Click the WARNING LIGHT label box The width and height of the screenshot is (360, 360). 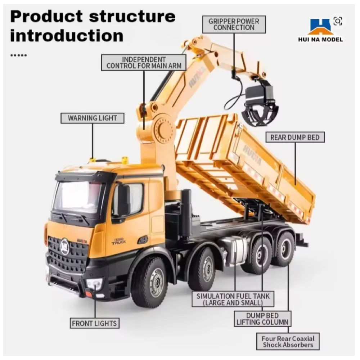point(92,118)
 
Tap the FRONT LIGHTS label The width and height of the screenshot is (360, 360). point(94,323)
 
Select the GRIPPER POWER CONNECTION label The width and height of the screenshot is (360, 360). point(234,24)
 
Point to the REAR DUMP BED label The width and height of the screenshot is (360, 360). point(295,137)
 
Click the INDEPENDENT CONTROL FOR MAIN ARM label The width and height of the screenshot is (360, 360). point(144,62)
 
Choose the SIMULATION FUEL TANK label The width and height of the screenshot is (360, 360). point(233,300)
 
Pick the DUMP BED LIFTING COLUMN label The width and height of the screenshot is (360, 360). point(262,319)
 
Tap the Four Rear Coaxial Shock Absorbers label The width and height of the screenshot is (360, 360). point(288,341)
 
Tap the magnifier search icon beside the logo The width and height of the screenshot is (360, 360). point(338,21)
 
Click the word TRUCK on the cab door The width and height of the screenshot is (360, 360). point(119,242)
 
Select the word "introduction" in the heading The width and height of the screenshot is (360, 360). point(67,36)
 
